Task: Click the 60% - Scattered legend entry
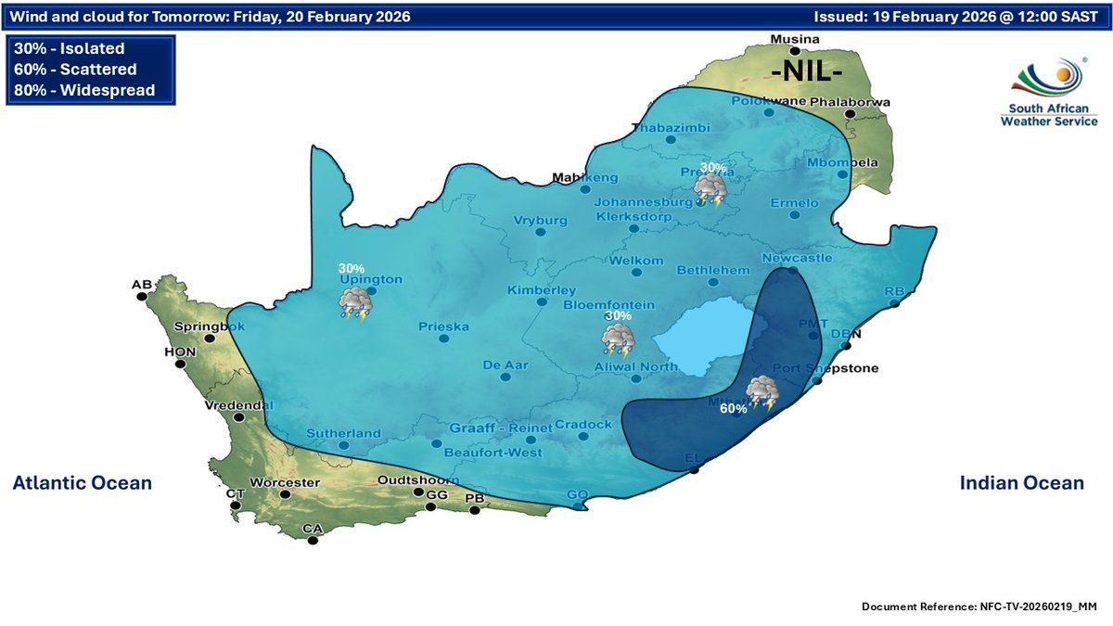[75, 70]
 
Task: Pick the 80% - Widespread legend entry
[83, 90]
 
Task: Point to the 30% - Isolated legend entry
[70, 49]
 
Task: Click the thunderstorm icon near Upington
[355, 303]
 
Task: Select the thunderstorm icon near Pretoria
[711, 191]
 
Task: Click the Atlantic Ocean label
[82, 483]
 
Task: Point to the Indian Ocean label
[1021, 483]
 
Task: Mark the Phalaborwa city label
[851, 101]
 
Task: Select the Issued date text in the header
[955, 17]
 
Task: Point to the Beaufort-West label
[493, 452]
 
